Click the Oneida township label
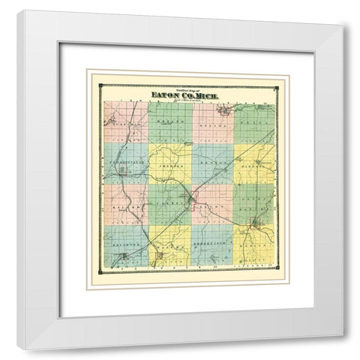click(212, 125)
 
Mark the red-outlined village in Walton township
click(160, 257)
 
